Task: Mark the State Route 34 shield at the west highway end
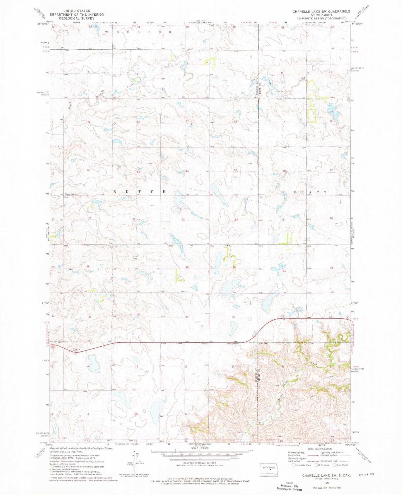[52, 347]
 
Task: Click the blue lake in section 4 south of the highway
[94, 363]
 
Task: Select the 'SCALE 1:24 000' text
[200, 448]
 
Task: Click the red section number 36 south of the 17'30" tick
[234, 317]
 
